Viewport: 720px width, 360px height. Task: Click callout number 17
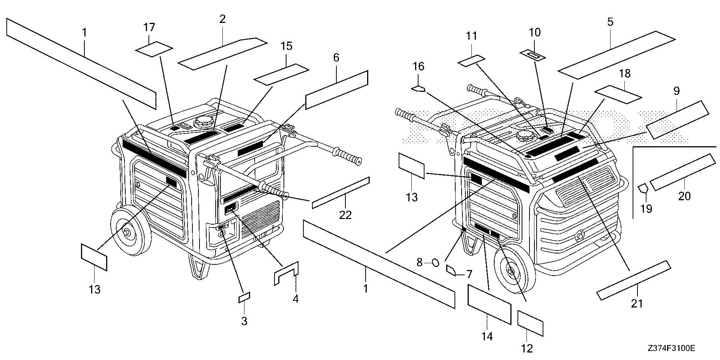coord(149,27)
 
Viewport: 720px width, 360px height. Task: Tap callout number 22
coord(345,215)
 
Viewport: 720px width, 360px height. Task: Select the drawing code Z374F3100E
coord(671,348)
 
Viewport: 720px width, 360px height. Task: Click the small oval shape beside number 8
coord(435,262)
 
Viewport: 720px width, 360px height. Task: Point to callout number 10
coord(535,32)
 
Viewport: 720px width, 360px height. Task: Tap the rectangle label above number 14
coord(489,303)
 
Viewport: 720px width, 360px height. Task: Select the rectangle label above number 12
coord(530,323)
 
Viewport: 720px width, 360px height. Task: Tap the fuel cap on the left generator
coord(203,123)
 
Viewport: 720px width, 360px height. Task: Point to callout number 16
coord(418,67)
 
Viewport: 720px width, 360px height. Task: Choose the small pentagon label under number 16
coord(418,89)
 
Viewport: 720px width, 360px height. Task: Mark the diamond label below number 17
coord(154,49)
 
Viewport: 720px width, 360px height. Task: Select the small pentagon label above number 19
coord(643,187)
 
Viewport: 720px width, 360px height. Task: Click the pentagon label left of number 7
coord(450,270)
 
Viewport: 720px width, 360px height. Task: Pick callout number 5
coord(610,22)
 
